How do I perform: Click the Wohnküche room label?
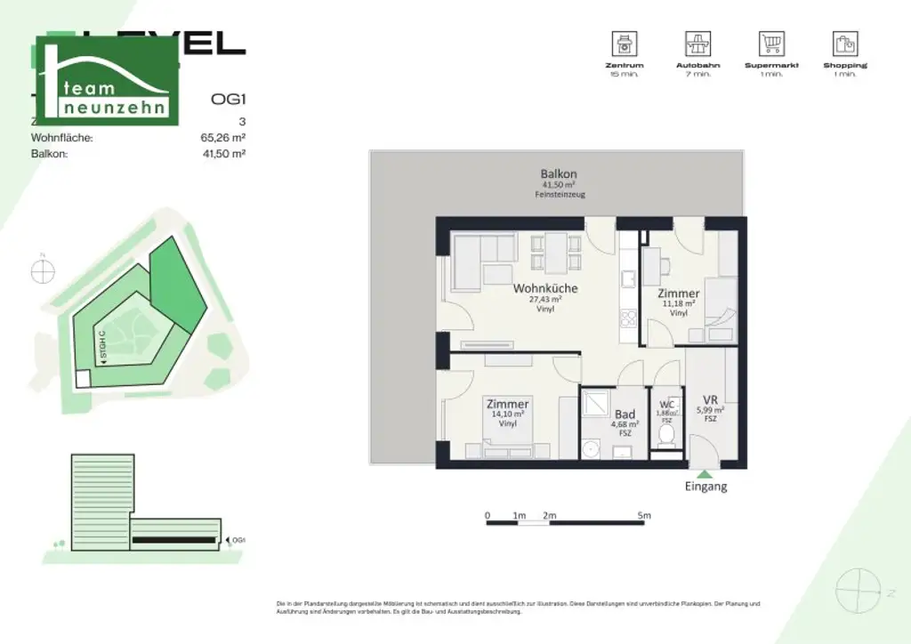click(544, 288)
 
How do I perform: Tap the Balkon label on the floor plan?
click(559, 173)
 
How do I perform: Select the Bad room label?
click(625, 415)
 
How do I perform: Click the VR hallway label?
click(710, 399)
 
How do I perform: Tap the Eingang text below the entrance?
click(705, 487)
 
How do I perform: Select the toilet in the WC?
click(665, 437)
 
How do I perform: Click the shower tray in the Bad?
click(595, 406)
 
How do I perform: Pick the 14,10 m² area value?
click(507, 415)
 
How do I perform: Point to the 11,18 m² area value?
click(678, 303)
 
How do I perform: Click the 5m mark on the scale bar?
click(644, 515)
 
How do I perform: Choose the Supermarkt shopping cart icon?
click(770, 43)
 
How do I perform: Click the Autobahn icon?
click(697, 43)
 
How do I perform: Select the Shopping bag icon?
click(844, 43)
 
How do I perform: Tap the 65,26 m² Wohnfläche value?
click(223, 138)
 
